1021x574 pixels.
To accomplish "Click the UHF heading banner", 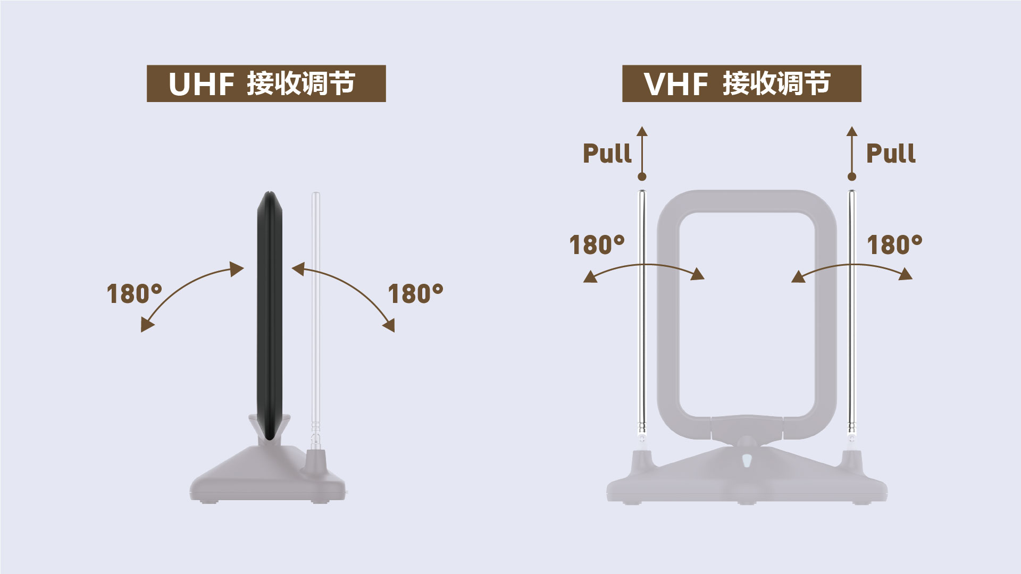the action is pos(266,83).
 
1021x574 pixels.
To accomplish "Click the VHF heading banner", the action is pos(742,83).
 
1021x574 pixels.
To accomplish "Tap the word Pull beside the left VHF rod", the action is pos(607,153).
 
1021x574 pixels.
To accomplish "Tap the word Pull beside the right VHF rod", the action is pos(891,153).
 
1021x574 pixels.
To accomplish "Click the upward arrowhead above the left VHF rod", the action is pos(642,131).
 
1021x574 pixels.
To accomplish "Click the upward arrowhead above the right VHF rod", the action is pos(852,131).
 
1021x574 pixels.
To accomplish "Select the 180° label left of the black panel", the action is pos(134,294).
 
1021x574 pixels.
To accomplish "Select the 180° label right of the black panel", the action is pos(415,294).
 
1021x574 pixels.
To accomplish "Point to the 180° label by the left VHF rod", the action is pos(597,245).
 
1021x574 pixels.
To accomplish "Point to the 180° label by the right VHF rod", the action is pos(894,245).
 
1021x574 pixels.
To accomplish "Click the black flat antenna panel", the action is pos(270,316).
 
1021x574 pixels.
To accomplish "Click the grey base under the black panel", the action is pos(266,476).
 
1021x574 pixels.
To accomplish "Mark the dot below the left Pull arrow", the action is pos(642,176).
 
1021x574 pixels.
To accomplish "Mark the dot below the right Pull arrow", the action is pos(852,176).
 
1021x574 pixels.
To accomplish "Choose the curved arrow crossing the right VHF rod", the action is pos(852,265).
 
